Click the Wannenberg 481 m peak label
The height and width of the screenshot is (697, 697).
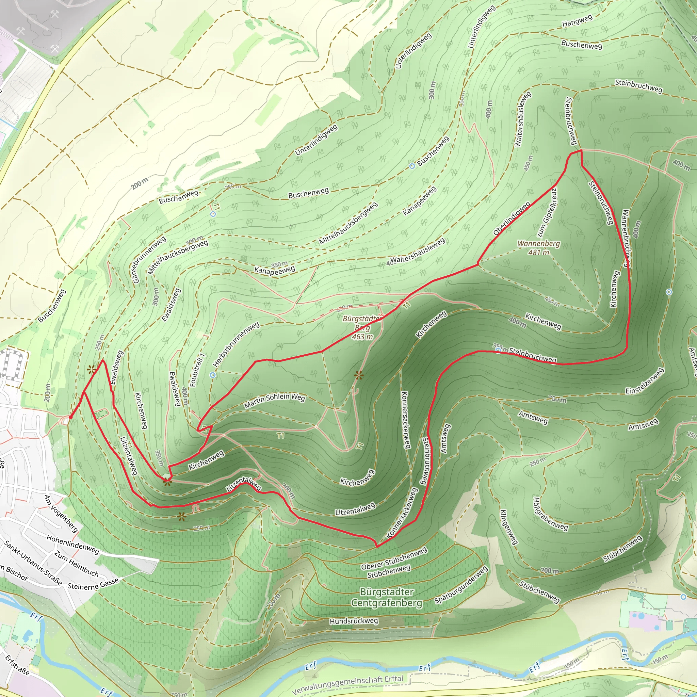coord(539,248)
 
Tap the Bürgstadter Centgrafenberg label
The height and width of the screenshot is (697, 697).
coord(386,597)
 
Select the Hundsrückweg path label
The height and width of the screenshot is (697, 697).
coord(354,621)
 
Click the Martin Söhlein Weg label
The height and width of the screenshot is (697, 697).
coord(275,401)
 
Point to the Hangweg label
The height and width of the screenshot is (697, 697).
coord(577,21)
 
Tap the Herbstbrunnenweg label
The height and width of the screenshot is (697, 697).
coord(236,344)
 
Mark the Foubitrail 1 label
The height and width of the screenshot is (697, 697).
coord(197,370)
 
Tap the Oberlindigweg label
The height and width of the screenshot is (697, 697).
coord(512,218)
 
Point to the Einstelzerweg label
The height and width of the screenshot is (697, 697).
coord(645,381)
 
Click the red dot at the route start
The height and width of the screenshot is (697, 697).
coord(71,417)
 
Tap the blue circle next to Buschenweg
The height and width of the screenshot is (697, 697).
coord(412,166)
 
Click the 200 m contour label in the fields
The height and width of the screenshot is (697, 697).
coord(139,184)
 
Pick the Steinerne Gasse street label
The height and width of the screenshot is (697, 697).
coord(93,584)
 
